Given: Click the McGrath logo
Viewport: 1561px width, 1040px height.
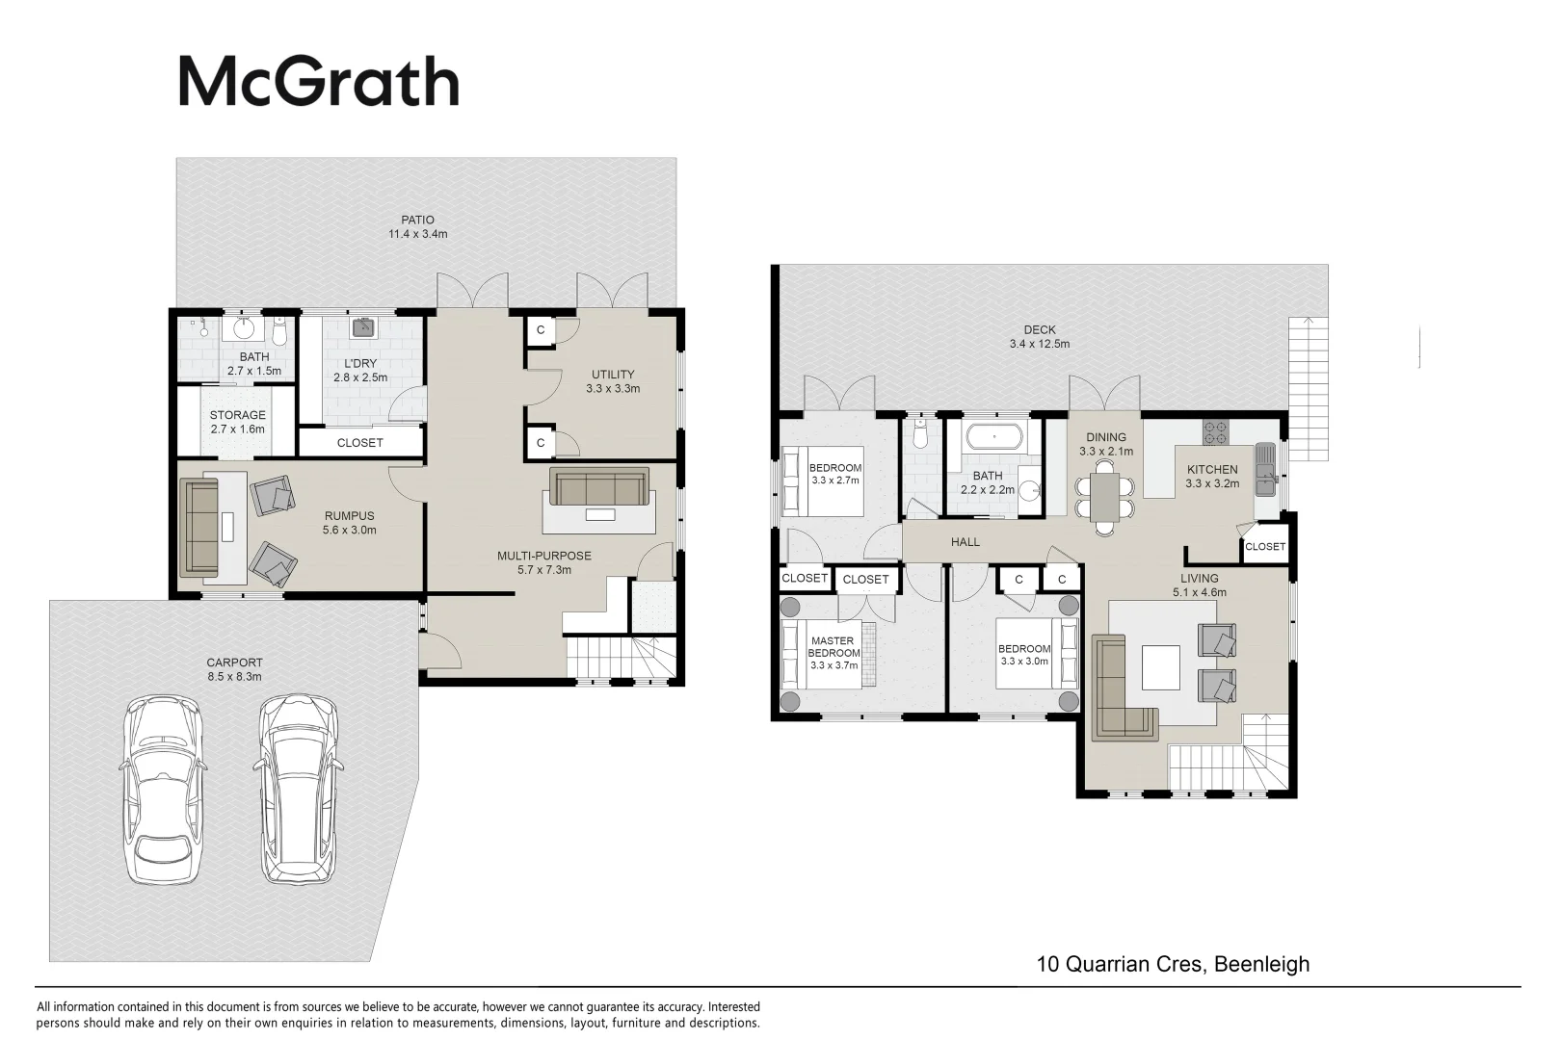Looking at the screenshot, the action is [319, 82].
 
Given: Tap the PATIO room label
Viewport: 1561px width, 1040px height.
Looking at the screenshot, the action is [417, 221].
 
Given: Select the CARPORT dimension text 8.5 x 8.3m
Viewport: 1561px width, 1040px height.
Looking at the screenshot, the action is [234, 676].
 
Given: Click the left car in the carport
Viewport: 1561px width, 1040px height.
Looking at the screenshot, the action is [163, 790].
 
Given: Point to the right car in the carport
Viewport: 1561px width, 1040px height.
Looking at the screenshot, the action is [298, 789].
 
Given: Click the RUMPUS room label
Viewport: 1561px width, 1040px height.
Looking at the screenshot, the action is [349, 515].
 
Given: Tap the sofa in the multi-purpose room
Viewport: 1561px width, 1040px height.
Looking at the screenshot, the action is [599, 486].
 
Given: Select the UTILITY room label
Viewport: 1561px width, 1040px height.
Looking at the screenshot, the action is [613, 374].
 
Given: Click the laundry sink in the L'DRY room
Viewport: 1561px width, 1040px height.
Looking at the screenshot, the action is [364, 326].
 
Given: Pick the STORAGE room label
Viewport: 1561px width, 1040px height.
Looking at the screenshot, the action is [238, 415].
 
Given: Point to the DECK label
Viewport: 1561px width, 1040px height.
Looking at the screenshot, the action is [1040, 330].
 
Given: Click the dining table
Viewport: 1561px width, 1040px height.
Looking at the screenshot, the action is [1105, 497].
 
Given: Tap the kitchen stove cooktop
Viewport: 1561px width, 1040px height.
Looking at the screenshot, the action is [1216, 431].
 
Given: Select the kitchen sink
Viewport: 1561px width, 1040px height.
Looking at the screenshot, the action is [1265, 469].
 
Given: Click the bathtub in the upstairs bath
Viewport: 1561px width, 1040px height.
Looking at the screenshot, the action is [993, 437].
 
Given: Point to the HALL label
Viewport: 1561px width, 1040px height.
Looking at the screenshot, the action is [966, 542].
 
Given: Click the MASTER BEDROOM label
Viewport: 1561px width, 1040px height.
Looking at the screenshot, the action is [833, 646].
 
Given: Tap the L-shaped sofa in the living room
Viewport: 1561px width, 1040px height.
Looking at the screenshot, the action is [1119, 687].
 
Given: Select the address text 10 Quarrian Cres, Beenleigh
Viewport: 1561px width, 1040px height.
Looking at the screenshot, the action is [1173, 964].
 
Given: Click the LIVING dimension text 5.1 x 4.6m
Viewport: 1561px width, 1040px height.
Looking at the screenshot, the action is [1200, 593].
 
